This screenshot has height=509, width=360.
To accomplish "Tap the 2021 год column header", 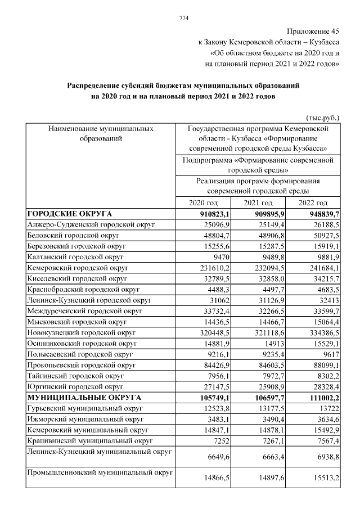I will pos(258,202).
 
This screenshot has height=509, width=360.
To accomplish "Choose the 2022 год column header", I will pos(313,202).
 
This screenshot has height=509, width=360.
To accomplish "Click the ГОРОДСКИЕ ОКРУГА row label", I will pos(70,214).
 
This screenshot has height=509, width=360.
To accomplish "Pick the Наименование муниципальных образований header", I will pos(101,133).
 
